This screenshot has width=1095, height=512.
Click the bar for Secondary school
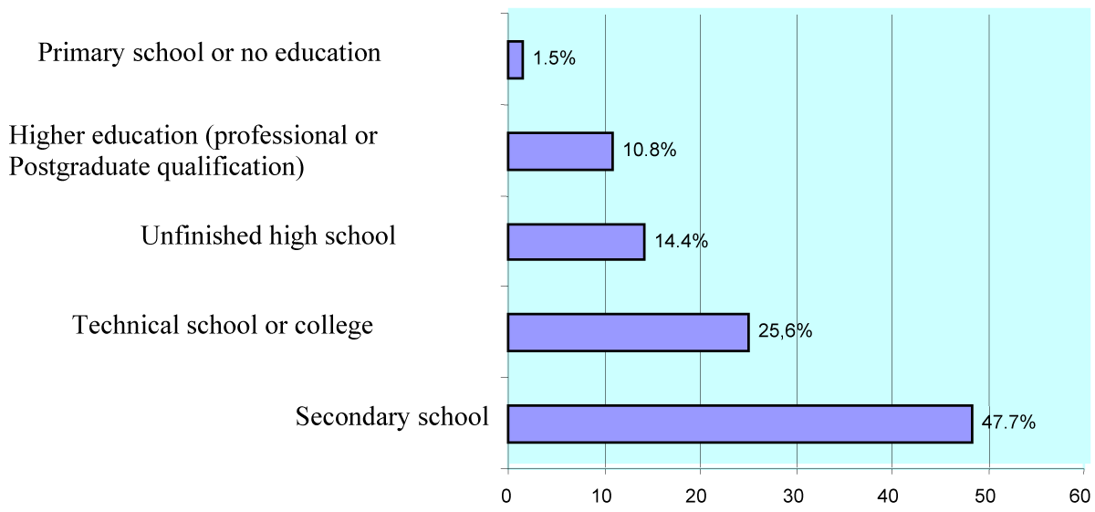(x=739, y=423)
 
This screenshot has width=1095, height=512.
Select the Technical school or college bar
(x=628, y=332)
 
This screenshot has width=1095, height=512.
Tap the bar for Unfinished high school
(x=576, y=242)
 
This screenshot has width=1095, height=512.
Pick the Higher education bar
(x=559, y=152)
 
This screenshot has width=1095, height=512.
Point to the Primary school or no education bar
(x=516, y=60)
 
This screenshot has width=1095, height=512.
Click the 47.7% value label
(x=1008, y=423)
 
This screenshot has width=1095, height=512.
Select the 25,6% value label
(x=785, y=331)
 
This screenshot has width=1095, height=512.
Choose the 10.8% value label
(x=649, y=151)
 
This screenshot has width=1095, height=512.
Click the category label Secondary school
(x=392, y=417)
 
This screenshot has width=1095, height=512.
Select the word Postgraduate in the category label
(x=70, y=167)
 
